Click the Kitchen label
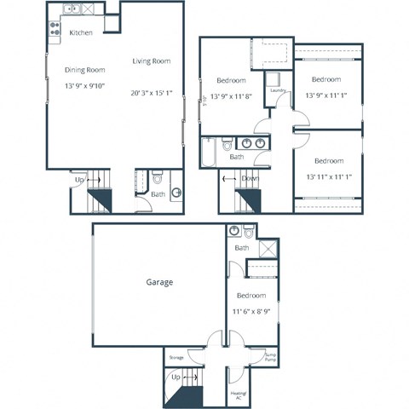[x=81, y=32]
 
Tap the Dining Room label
[x=84, y=70]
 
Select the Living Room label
[x=151, y=61]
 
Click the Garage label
[x=159, y=282]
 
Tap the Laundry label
[x=276, y=89]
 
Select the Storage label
[x=176, y=357]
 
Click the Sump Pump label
[x=271, y=356]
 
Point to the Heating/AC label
[x=239, y=394]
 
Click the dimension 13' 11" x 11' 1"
[x=328, y=176]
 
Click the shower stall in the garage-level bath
[x=268, y=248]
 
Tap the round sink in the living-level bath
[x=176, y=192]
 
